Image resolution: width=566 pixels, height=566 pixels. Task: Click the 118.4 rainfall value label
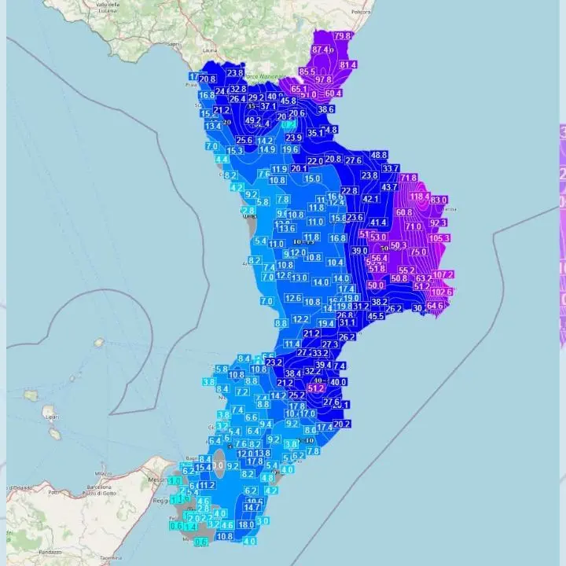coord(418,197)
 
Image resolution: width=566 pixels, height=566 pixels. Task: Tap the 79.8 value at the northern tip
coord(343,36)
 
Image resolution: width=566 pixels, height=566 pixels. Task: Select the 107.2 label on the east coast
coord(443,274)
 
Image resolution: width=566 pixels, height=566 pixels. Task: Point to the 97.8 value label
coord(323,80)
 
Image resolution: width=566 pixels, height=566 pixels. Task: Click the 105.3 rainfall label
coord(439,238)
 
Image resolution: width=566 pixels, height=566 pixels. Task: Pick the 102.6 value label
coord(442,292)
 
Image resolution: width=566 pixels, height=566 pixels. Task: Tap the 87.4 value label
coord(322,50)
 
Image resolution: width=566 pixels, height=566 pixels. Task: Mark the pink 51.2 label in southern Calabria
coord(316,388)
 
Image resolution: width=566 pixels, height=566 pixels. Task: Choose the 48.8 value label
coord(379,155)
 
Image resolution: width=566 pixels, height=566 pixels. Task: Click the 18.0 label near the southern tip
coord(246,524)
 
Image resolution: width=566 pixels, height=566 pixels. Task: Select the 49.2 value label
coord(253,121)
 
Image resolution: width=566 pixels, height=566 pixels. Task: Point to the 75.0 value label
coord(418,252)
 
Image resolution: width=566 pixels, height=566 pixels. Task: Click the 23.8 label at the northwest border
coord(235,73)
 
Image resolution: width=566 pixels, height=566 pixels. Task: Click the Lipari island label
coord(50,417)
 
